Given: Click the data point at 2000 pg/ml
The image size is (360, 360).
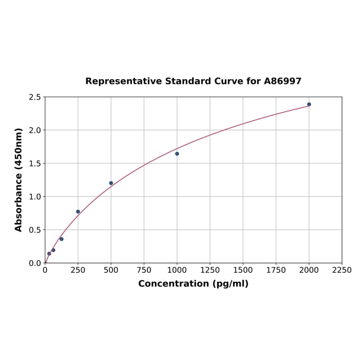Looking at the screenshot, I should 309,105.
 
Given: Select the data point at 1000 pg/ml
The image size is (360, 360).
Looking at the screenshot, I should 177,154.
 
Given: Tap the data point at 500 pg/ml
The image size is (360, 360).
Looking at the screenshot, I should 111,183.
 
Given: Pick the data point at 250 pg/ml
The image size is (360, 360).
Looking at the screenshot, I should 78,212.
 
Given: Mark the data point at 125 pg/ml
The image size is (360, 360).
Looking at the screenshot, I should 61,239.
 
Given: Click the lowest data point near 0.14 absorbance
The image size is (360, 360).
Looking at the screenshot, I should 49,254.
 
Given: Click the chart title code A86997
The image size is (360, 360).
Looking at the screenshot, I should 282,81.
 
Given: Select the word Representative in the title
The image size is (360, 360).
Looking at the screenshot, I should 123,81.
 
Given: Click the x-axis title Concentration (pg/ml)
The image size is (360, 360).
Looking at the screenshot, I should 193,284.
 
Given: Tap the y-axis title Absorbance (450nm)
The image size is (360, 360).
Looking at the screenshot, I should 19,180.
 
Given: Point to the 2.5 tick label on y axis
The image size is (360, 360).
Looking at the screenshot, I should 35,97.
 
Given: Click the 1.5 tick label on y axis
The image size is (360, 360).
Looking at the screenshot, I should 35,164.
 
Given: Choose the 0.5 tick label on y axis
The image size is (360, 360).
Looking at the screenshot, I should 35,230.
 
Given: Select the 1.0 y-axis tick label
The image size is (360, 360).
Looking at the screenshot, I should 35,196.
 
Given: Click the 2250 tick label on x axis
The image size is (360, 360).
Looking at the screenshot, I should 342,270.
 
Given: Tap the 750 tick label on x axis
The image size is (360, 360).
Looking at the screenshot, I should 144,270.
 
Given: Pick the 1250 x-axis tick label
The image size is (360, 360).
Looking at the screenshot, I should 210,270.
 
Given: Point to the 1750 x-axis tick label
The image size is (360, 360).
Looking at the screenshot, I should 276,270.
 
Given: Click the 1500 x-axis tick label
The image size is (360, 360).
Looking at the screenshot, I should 243,270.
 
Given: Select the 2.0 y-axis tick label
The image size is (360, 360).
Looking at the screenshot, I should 35,130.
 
